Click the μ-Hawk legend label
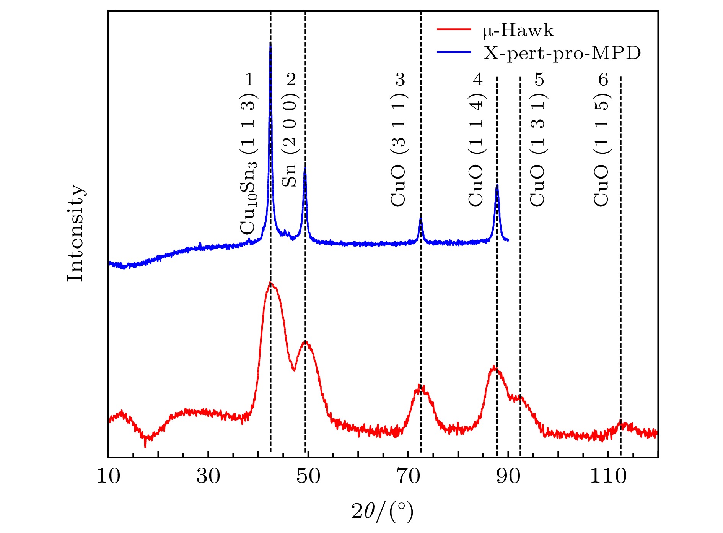[518, 31]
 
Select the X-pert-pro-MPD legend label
[562, 53]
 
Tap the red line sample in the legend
[454, 29]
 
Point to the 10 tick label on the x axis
[108, 476]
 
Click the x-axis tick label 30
[208, 476]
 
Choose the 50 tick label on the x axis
[308, 476]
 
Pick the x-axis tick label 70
[408, 476]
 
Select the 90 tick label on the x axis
[508, 476]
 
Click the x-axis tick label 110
[608, 476]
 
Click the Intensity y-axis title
[75, 233]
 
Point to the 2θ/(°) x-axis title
[383, 511]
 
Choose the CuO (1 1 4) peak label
[476, 149]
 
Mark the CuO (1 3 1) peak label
[538, 149]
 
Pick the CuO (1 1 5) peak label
[602, 149]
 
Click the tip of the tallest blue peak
[270, 46]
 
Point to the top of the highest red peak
[270, 283]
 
